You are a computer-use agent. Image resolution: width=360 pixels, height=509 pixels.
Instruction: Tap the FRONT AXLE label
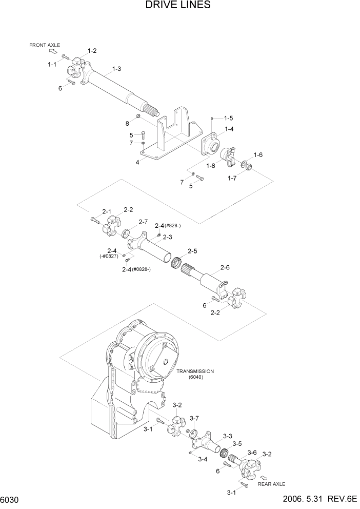pyautogui.click(x=45, y=45)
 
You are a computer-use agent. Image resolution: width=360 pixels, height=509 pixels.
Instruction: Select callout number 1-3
pyautogui.click(x=116, y=69)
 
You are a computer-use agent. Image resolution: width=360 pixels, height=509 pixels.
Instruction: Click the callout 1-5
pyautogui.click(x=228, y=118)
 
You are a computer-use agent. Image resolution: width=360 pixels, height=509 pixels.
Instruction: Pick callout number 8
pyautogui.click(x=127, y=123)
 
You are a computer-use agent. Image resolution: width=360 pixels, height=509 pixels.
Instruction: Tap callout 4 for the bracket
pyautogui.click(x=137, y=162)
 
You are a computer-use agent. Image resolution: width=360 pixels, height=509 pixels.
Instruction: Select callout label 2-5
pyautogui.click(x=192, y=251)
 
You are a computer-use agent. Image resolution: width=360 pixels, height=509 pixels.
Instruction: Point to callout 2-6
pyautogui.click(x=225, y=267)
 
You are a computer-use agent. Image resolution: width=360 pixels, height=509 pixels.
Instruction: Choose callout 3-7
pyautogui.click(x=194, y=418)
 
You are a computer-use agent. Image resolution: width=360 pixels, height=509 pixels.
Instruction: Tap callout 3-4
pyautogui.click(x=203, y=459)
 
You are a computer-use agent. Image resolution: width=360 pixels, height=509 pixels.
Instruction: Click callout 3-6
pyautogui.click(x=252, y=452)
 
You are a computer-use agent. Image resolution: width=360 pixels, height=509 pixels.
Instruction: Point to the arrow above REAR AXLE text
pyautogui.click(x=264, y=477)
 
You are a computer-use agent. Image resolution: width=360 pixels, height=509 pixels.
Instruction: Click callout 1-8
pyautogui.click(x=211, y=166)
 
